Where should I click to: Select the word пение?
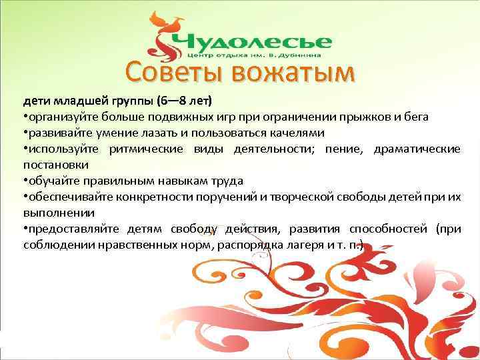point(344,149)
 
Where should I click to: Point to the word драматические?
point(417,149)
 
